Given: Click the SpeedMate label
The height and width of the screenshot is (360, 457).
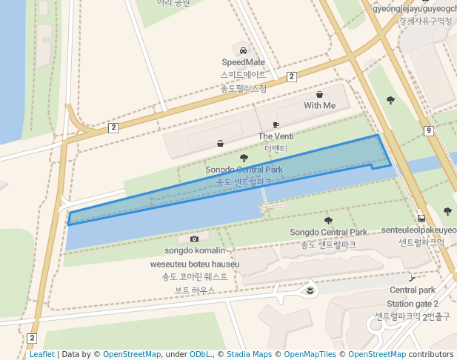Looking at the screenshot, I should [x=243, y=62].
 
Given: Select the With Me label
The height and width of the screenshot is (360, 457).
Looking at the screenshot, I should [x=319, y=106].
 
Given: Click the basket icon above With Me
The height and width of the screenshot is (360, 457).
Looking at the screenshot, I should [x=319, y=94].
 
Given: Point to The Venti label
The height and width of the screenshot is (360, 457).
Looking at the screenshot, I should [x=276, y=136].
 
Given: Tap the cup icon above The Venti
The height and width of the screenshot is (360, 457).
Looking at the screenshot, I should [x=276, y=125].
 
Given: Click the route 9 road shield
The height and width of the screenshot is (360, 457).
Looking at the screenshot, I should [x=429, y=131].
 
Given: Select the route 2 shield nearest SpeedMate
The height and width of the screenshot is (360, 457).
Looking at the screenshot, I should [x=292, y=76].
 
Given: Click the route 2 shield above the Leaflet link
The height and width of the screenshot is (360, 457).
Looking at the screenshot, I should [x=32, y=339].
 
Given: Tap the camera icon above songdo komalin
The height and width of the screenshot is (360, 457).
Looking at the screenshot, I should [x=194, y=239].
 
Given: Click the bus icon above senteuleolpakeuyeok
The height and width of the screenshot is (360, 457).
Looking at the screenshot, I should [x=421, y=219].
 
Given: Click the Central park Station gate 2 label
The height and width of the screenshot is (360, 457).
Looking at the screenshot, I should [x=413, y=297].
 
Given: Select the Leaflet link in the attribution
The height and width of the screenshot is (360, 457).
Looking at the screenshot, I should [x=42, y=355].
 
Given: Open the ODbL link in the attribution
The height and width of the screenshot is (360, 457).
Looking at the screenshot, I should [x=201, y=355].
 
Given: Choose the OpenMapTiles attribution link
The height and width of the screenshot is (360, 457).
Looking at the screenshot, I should [x=310, y=355].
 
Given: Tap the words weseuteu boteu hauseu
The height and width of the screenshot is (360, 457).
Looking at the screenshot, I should [x=195, y=264].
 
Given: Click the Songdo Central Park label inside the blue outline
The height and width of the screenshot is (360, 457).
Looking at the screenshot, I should [x=244, y=170].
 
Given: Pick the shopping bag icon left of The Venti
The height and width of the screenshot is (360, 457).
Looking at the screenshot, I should [x=220, y=143].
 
